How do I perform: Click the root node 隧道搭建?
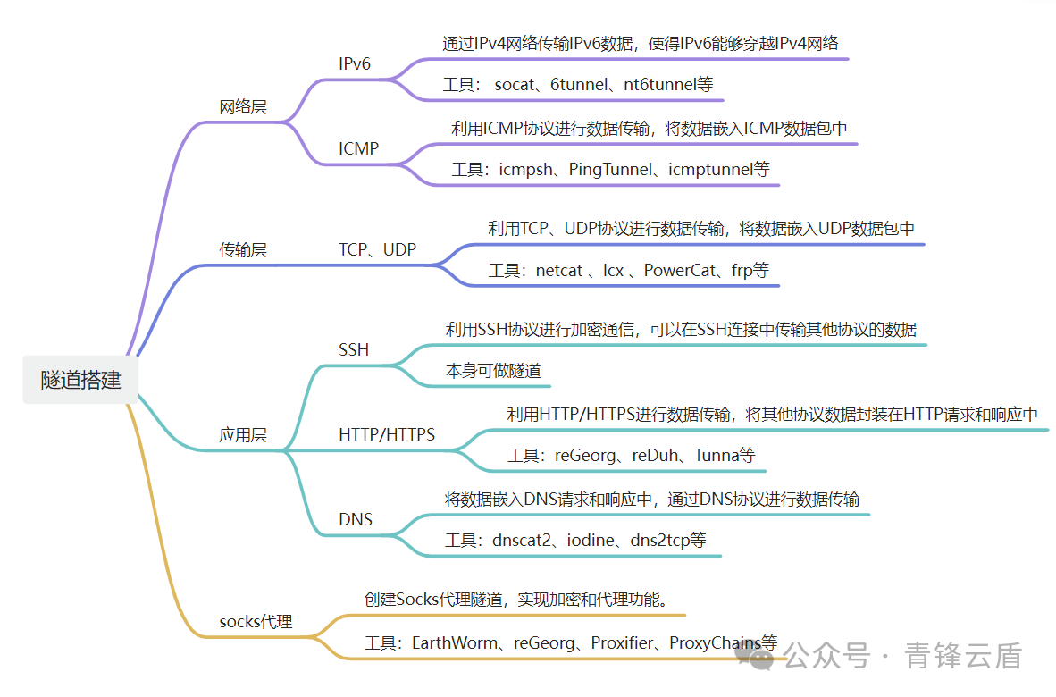tap(80, 379)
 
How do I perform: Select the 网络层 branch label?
tap(243, 107)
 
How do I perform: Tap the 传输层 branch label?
tap(243, 250)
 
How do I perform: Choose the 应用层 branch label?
tap(243, 436)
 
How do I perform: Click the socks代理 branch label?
tap(256, 621)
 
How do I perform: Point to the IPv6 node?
tap(355, 64)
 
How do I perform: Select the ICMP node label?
tap(358, 149)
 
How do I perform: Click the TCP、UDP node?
tap(377, 250)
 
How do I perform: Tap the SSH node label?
tap(354, 350)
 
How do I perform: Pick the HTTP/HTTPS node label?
tap(387, 435)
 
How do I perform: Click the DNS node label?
tap(356, 519)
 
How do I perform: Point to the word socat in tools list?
tap(514, 86)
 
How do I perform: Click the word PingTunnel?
tap(610, 169)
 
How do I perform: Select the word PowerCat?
tap(680, 270)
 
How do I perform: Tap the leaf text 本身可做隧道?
tap(493, 370)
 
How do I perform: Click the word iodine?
tap(593, 540)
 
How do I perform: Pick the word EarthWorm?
tap(449, 642)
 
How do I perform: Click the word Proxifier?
tap(622, 642)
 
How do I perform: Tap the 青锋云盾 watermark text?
tap(963, 656)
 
